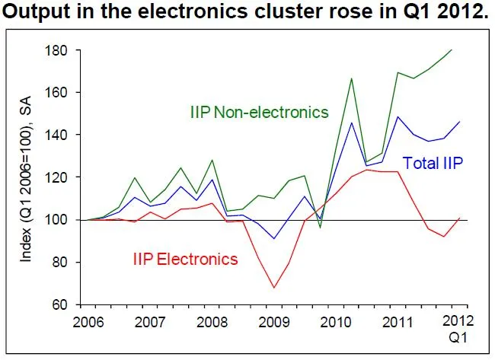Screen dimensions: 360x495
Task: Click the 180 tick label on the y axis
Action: tap(59, 50)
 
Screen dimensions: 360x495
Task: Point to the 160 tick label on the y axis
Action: tap(59, 93)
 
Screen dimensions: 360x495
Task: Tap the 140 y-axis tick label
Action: tap(59, 135)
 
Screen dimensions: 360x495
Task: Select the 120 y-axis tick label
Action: tap(59, 177)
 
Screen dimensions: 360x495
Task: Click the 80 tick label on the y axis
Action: tap(62, 263)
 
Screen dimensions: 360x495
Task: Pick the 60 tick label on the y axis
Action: tap(62, 304)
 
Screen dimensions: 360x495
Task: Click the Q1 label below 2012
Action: tap(455, 336)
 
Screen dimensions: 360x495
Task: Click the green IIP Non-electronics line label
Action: tap(259, 113)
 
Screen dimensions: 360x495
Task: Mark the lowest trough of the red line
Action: tap(274, 288)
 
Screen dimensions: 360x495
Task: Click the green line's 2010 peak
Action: tap(351, 78)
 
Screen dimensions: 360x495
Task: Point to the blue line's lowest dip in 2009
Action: tap(274, 239)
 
